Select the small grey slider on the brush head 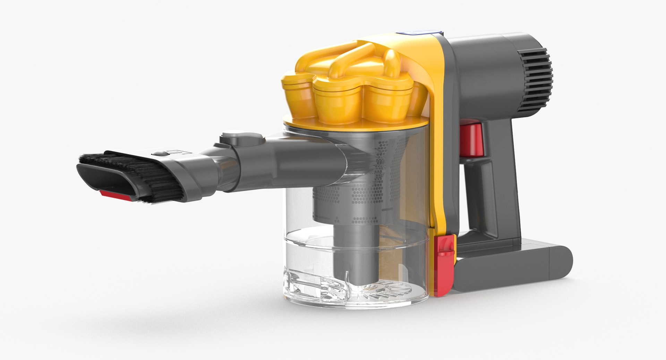point(160,153)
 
